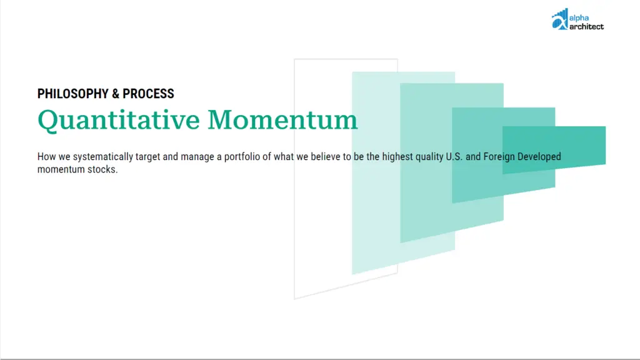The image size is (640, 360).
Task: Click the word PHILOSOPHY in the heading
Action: pyautogui.click(x=73, y=94)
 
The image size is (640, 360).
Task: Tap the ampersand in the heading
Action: pyautogui.click(x=116, y=94)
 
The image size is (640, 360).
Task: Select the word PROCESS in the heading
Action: pyautogui.click(x=148, y=94)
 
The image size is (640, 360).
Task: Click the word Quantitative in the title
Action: pyautogui.click(x=119, y=121)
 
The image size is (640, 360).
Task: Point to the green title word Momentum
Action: pyautogui.click(x=282, y=120)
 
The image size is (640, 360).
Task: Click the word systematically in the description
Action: pyautogui.click(x=103, y=157)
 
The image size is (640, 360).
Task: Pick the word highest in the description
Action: pyautogui.click(x=397, y=157)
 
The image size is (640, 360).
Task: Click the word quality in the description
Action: pyautogui.click(x=429, y=157)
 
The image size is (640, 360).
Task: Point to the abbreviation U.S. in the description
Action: pyautogui.click(x=454, y=157)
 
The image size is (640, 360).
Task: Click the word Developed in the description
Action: pyautogui.click(x=539, y=157)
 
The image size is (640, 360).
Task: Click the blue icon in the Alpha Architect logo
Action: pyautogui.click(x=559, y=19)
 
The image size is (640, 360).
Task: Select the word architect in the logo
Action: pyautogui.click(x=586, y=26)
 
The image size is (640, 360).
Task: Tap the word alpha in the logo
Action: pyautogui.click(x=579, y=18)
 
